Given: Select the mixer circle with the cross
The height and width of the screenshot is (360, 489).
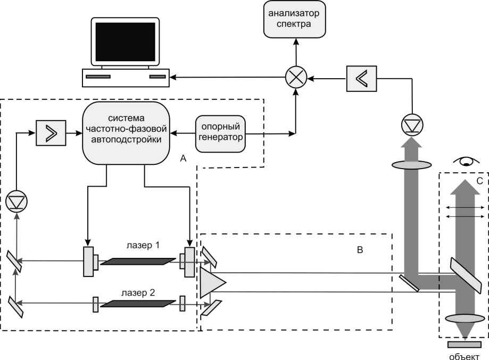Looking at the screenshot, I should click(296, 79).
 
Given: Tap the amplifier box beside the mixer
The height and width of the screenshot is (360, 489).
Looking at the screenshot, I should click(362, 78).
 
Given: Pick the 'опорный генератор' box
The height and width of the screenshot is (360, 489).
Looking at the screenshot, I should click(220, 133).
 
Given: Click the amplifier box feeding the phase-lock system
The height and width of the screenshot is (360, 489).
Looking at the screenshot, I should click(50, 133).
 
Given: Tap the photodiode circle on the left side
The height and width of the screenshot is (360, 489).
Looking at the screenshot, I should click(16, 202).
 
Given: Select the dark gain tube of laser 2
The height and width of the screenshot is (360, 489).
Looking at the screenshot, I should click(138, 304).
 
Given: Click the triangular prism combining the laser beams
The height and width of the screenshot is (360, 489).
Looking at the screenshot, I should click(212, 282).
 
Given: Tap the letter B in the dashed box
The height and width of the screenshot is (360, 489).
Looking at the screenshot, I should click(360, 250).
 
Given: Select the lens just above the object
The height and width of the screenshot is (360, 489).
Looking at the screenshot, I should click(465, 319).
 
